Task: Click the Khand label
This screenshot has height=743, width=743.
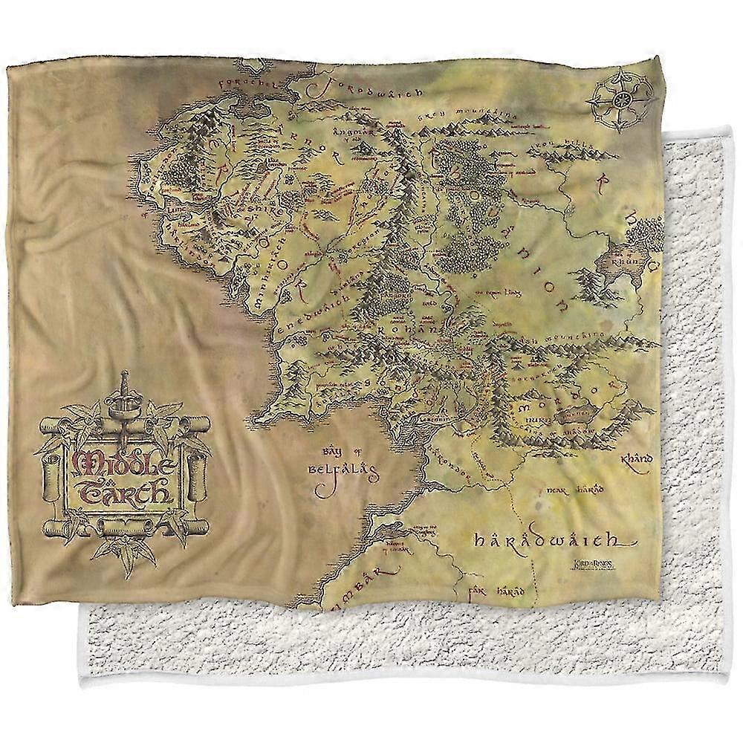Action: pyautogui.click(x=634, y=460)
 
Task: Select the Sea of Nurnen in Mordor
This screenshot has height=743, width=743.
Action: pyautogui.click(x=576, y=413)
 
